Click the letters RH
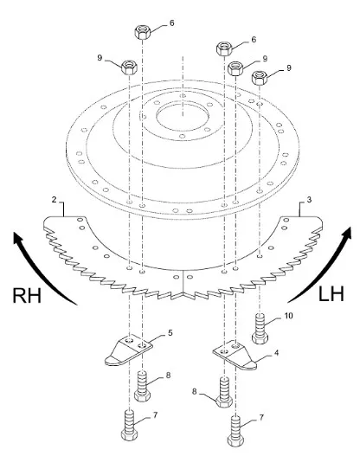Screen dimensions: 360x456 pos(27,295)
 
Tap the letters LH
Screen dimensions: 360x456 pos(331,293)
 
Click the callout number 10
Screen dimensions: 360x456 pos(288,316)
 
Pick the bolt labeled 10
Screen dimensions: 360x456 pos(260,328)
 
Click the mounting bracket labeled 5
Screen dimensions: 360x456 pos(128,351)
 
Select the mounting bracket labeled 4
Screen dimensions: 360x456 pos(235,355)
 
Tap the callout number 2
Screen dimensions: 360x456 pos(55,200)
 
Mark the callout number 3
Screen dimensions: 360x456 pos(309,200)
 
